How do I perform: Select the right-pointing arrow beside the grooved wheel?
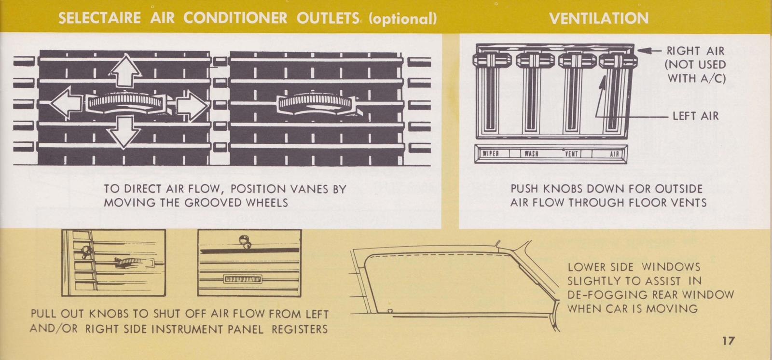tap(191, 103)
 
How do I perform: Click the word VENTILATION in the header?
tap(599, 18)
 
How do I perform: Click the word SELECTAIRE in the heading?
tap(99, 18)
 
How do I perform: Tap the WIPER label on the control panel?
tap(491, 154)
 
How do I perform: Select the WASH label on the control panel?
tap(531, 154)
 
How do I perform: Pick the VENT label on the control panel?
tap(572, 154)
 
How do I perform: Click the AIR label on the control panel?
tap(614, 154)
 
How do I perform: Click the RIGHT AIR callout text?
tap(695, 51)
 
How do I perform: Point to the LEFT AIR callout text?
tap(695, 116)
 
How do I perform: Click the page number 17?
tap(728, 341)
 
